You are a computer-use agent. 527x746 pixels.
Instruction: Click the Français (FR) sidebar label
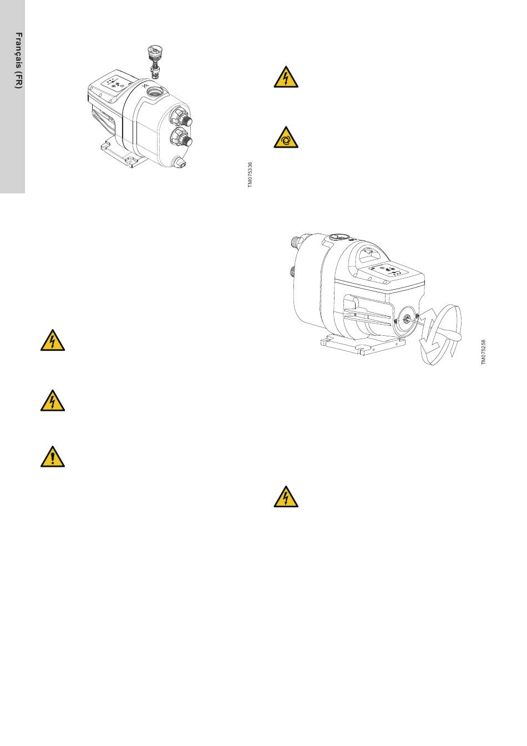pyautogui.click(x=19, y=61)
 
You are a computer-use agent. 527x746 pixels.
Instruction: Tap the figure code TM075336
pyautogui.click(x=250, y=175)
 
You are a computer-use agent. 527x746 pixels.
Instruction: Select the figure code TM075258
pyautogui.click(x=483, y=352)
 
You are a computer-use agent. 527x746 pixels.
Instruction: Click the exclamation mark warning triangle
pyautogui.click(x=53, y=456)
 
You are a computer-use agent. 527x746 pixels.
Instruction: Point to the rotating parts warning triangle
pyautogui.click(x=286, y=137)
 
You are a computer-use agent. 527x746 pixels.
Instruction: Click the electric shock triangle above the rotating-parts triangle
pyautogui.click(x=286, y=77)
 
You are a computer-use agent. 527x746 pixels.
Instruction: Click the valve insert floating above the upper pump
pyautogui.click(x=154, y=62)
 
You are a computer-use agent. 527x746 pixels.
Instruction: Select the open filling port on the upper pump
pyautogui.click(x=156, y=90)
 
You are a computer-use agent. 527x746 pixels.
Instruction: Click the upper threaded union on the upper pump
pyautogui.click(x=181, y=118)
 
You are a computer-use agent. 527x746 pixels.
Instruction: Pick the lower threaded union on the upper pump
pyautogui.click(x=181, y=138)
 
